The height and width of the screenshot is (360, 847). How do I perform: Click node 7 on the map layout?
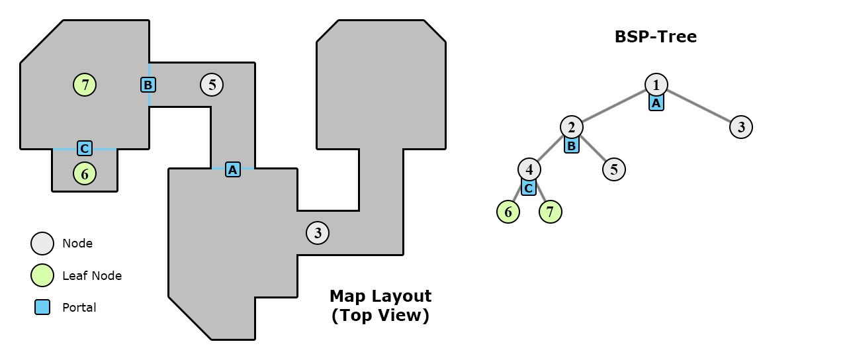pyautogui.click(x=85, y=85)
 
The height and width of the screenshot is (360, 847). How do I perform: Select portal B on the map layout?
pyautogui.click(x=148, y=85)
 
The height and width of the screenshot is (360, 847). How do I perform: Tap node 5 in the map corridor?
pyautogui.click(x=212, y=85)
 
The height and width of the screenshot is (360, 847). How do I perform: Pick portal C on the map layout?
pyautogui.click(x=85, y=148)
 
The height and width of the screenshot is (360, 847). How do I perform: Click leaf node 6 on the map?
pyautogui.click(x=85, y=173)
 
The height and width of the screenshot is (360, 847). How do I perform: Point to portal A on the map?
pyautogui.click(x=232, y=169)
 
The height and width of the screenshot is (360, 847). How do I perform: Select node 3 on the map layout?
pyautogui.click(x=318, y=233)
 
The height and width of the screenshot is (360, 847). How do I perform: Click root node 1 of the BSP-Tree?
pyautogui.click(x=656, y=85)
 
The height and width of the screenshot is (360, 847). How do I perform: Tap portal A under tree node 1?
pyautogui.click(x=656, y=103)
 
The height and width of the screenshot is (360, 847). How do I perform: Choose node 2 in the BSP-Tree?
pyautogui.click(x=572, y=127)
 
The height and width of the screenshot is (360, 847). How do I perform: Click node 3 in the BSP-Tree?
pyautogui.click(x=741, y=127)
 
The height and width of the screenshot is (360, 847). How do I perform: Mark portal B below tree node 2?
pyautogui.click(x=572, y=146)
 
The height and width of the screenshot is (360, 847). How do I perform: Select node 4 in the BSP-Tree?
pyautogui.click(x=529, y=169)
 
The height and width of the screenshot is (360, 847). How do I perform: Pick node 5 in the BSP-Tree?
pyautogui.click(x=614, y=169)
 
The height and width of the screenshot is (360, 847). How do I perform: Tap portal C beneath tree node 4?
pyautogui.click(x=529, y=188)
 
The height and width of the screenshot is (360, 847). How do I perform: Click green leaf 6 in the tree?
pyautogui.click(x=508, y=212)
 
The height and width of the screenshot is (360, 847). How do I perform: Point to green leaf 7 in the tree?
pyautogui.click(x=551, y=212)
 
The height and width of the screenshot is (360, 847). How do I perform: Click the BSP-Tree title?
pyautogui.click(x=655, y=37)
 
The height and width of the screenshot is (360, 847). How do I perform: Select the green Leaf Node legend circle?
pyautogui.click(x=42, y=275)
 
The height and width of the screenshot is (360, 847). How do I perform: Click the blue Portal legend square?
pyautogui.click(x=42, y=307)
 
